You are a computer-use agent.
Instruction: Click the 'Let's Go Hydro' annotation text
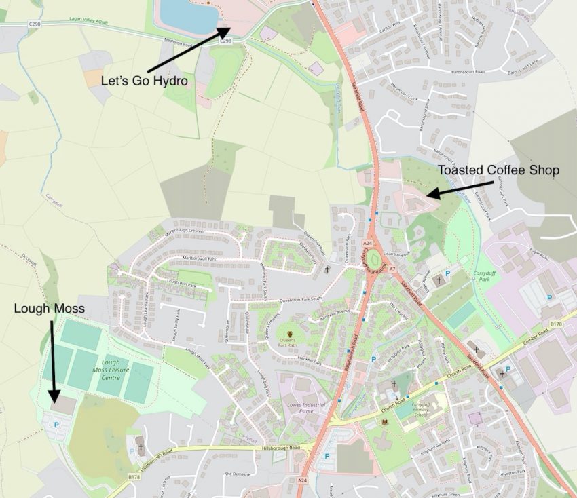[x=144, y=81]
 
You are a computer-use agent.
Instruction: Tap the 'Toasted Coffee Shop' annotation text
[x=498, y=170]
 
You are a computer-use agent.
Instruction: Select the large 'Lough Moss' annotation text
[x=49, y=309]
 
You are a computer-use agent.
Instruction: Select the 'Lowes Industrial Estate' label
[x=303, y=409]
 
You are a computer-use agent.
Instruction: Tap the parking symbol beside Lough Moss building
[x=56, y=424]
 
